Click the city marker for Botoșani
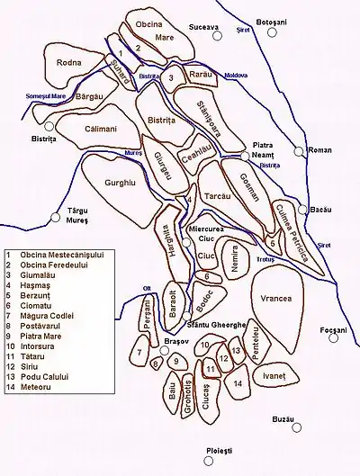click(272, 32)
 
